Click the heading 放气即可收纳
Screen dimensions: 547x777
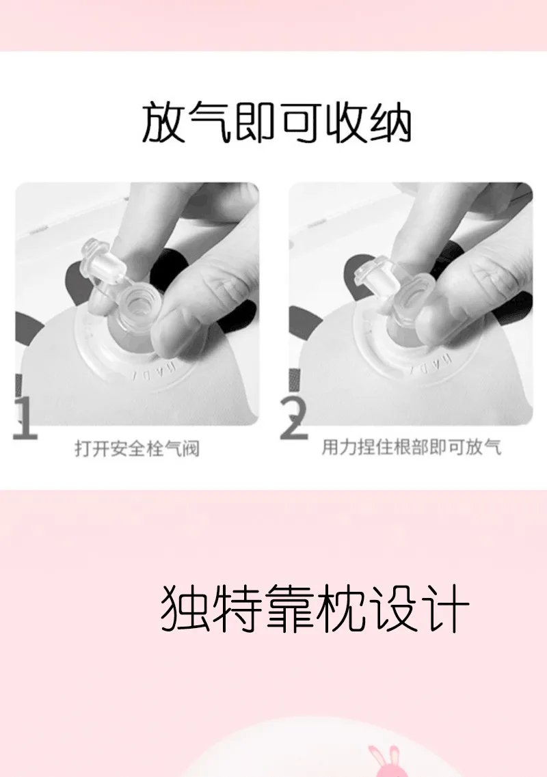277,122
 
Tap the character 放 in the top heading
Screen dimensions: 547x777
163,122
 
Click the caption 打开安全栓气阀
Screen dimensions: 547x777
137,448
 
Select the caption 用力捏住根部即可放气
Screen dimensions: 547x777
411,447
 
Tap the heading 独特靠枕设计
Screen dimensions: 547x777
315,608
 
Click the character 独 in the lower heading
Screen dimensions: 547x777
185,608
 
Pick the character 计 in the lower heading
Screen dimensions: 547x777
446,608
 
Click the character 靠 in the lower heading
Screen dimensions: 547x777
289,608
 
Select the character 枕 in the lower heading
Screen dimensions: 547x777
342,608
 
